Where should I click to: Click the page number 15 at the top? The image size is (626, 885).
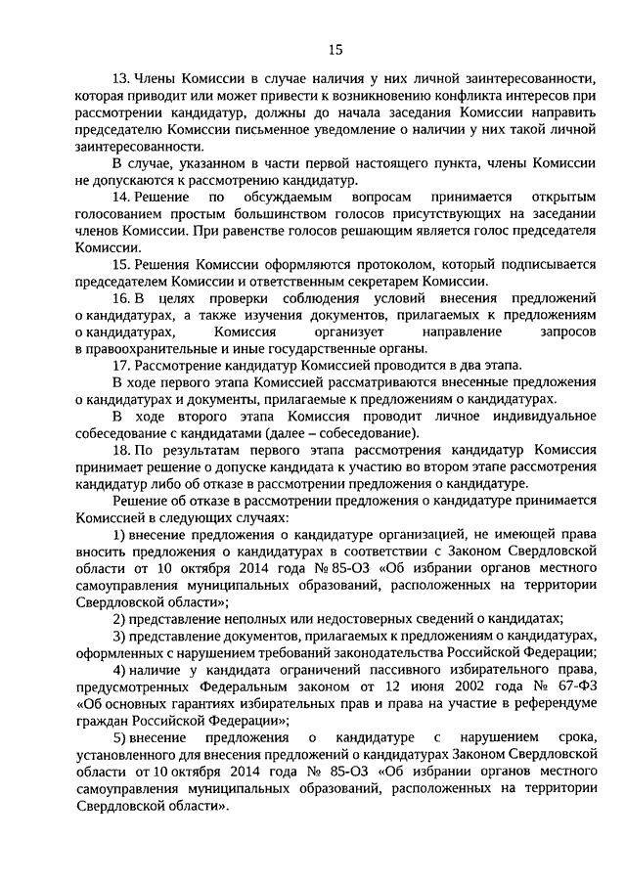click(335, 50)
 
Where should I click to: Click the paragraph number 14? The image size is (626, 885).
click(122, 199)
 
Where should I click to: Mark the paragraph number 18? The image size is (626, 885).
click(122, 451)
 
